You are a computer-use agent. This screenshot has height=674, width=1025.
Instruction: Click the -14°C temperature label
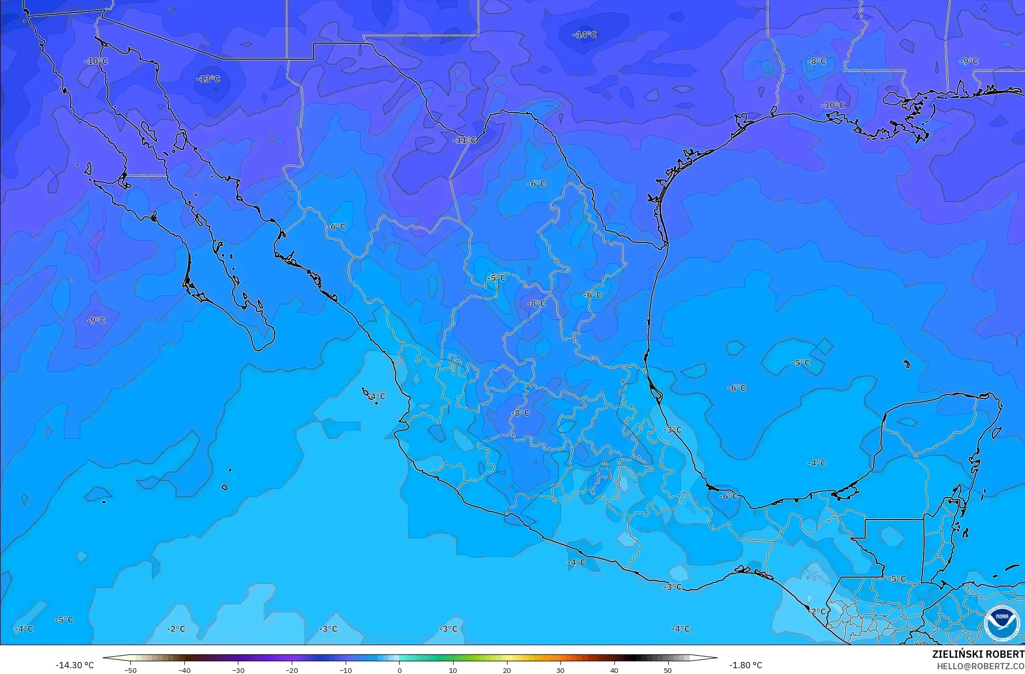click(585, 35)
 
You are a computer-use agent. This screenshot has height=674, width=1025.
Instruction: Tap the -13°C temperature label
click(208, 79)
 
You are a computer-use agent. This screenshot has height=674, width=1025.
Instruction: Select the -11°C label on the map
click(465, 140)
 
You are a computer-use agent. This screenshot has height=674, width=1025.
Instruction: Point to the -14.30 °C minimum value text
click(75, 665)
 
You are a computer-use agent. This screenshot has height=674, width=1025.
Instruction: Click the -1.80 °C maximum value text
click(746, 665)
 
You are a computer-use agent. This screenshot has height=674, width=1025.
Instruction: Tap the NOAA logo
click(1001, 623)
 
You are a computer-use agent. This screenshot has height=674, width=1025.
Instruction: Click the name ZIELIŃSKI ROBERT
click(978, 655)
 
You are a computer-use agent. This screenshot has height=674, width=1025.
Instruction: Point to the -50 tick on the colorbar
click(130, 670)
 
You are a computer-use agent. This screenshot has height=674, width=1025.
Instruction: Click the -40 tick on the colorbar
click(184, 670)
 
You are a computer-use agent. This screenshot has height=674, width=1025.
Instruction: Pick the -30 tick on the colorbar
click(238, 670)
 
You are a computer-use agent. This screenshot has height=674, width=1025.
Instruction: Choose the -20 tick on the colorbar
click(292, 670)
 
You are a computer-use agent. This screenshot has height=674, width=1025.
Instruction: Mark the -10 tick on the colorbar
click(346, 670)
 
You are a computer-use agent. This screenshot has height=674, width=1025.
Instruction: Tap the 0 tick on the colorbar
click(399, 670)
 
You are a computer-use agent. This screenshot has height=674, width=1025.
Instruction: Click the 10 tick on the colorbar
click(453, 670)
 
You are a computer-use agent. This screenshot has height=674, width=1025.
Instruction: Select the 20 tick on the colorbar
click(506, 670)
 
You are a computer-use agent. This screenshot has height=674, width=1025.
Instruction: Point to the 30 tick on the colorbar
click(560, 670)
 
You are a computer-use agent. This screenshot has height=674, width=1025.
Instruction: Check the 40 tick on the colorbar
click(614, 670)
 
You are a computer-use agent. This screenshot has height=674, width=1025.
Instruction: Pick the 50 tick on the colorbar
click(668, 670)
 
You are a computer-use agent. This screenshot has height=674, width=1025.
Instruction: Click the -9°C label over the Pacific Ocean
click(96, 321)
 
